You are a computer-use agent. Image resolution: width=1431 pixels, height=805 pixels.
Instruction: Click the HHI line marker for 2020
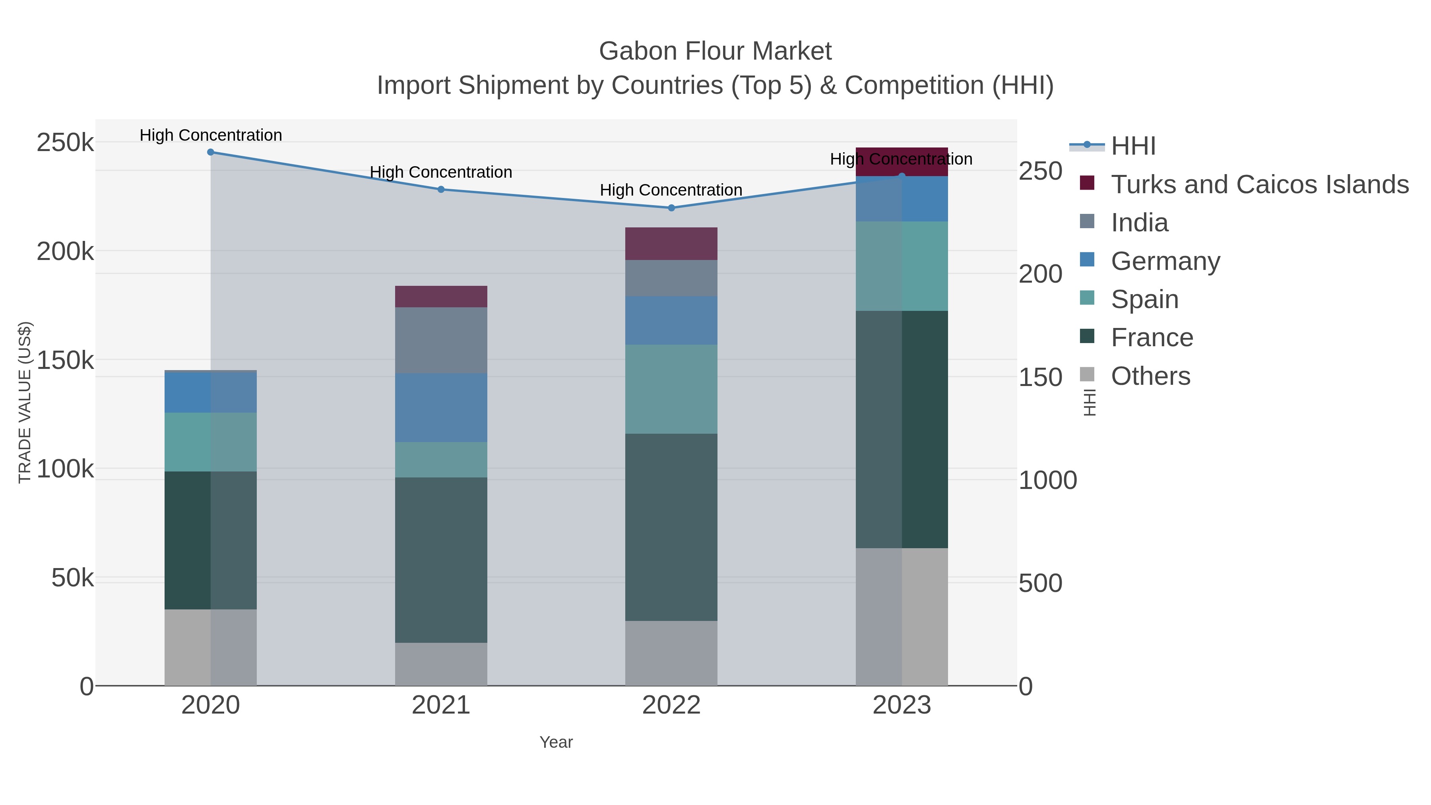211,152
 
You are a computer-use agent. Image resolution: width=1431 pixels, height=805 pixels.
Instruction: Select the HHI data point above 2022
671,208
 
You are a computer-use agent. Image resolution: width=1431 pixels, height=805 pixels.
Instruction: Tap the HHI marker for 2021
441,190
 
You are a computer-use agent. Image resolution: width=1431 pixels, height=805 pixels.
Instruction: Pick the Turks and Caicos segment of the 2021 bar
441,297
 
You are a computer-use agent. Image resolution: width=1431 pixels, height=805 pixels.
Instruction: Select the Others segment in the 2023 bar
902,617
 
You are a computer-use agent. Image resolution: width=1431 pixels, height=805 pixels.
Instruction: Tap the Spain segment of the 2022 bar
671,389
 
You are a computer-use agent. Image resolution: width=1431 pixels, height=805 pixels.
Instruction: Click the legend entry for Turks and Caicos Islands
1259,184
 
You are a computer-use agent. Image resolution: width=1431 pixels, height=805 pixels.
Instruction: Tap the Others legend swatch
1087,375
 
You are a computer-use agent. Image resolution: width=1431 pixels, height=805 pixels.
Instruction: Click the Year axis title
556,742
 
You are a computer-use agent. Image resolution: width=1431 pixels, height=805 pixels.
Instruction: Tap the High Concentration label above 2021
441,172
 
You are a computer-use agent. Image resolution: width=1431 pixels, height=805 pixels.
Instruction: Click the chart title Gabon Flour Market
715,51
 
